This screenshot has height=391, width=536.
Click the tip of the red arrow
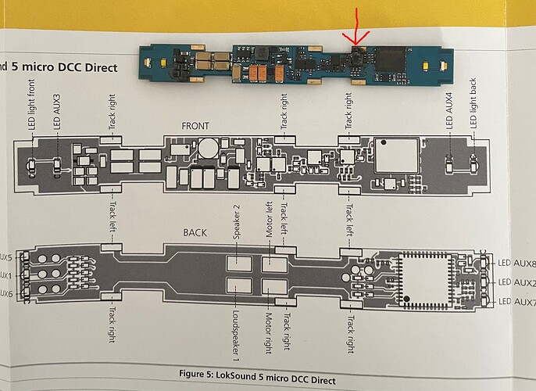coord(356,45)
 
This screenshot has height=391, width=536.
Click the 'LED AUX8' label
coord(516,263)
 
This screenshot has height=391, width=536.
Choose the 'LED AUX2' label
coord(516,282)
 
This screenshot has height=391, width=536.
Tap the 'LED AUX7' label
coord(516,302)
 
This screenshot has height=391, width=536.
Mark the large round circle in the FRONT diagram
coord(209,148)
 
